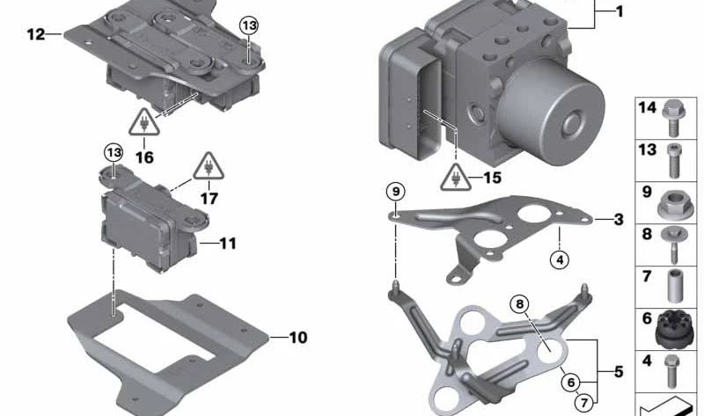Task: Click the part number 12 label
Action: pyautogui.click(x=36, y=34)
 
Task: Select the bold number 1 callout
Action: pyautogui.click(x=620, y=11)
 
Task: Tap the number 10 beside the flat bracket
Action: pyautogui.click(x=298, y=338)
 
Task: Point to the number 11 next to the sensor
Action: pyautogui.click(x=228, y=244)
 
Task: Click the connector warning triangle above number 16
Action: pyautogui.click(x=144, y=121)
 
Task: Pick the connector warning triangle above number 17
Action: pyautogui.click(x=209, y=166)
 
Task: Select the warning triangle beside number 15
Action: pyautogui.click(x=456, y=178)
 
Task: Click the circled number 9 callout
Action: pyautogui.click(x=395, y=192)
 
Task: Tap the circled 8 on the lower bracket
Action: pyautogui.click(x=519, y=304)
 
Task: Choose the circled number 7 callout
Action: pyautogui.click(x=583, y=403)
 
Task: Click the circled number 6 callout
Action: pyautogui.click(x=571, y=383)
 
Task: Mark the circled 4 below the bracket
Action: pyautogui.click(x=560, y=259)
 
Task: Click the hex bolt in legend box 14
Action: pyautogui.click(x=673, y=118)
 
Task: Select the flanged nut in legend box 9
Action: pyautogui.click(x=671, y=205)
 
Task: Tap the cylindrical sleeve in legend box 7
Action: pyautogui.click(x=675, y=286)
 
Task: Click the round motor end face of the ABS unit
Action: pyautogui.click(x=552, y=112)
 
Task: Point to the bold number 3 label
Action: pyautogui.click(x=619, y=220)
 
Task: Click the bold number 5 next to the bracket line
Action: pyautogui.click(x=619, y=371)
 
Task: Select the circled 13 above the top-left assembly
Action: pyautogui.click(x=249, y=26)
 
